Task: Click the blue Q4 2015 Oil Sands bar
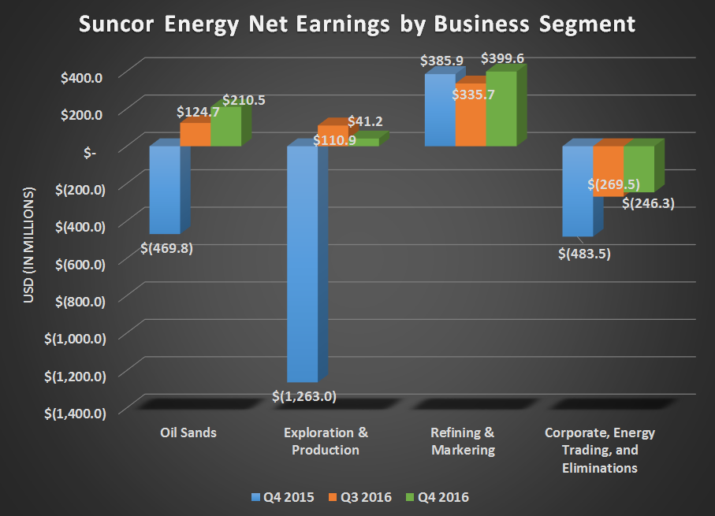point(165,190)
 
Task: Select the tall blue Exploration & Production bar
point(302,264)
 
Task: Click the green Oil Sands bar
point(226,127)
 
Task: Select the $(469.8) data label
point(166,249)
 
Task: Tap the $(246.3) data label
point(648,203)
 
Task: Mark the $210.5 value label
point(244,100)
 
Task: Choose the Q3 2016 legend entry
point(359,497)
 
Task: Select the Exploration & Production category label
point(325,441)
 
